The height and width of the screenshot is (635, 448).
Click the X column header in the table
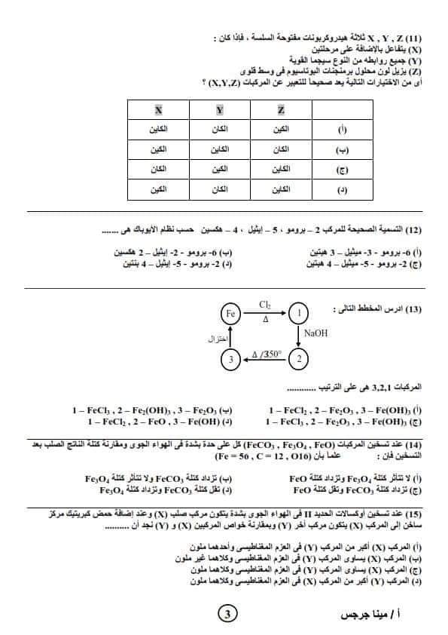[x=159, y=110]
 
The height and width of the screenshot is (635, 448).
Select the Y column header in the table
[x=220, y=110]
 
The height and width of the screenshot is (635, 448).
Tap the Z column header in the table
[x=280, y=110]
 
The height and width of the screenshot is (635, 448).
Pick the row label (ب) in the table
[x=340, y=149]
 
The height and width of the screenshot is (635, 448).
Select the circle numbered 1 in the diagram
[x=299, y=311]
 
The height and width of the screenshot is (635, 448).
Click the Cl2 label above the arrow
[x=264, y=304]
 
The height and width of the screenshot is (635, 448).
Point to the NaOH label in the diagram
[x=316, y=333]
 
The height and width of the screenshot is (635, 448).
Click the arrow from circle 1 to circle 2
[x=299, y=335]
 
